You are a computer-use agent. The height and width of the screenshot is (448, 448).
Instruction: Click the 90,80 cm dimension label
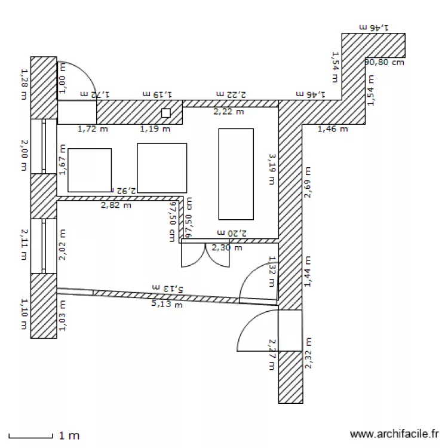[384, 62]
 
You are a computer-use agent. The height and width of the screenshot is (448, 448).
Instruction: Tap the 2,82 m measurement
[116, 205]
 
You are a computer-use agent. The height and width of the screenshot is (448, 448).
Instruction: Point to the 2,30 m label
[226, 247]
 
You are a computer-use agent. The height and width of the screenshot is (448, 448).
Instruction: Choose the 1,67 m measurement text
[63, 162]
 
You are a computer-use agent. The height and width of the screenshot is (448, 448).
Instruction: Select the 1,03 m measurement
[63, 315]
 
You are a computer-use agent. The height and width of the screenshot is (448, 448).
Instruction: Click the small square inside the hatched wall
[165, 113]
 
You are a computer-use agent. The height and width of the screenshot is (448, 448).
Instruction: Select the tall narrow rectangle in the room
[236, 174]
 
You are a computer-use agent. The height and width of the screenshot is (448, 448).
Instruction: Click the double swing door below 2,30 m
[205, 255]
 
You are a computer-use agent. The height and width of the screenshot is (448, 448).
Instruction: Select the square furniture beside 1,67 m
[89, 170]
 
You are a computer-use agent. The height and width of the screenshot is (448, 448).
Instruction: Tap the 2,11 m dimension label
[24, 245]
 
